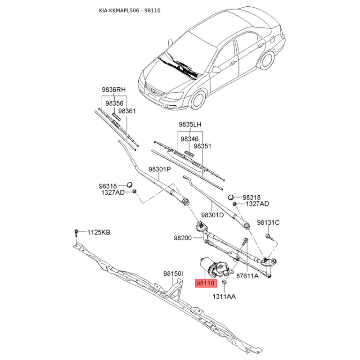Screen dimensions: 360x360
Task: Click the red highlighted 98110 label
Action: pos(206,283)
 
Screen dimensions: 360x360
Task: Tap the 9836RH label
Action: pos(114,89)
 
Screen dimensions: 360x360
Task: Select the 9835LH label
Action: pos(190,125)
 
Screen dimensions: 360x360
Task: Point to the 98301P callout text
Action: pos(160,169)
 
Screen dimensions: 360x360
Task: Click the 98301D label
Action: pos(212,215)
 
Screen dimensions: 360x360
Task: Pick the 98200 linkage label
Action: pos(183,238)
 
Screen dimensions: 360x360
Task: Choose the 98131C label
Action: pos(268,222)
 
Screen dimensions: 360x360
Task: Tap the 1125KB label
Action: pos(99,232)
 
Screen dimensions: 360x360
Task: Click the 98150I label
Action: pos(173,274)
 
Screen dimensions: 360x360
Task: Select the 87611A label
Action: pos(247,276)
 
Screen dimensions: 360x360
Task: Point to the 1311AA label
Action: pos(224,297)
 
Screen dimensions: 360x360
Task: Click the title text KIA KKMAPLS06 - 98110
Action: pos(130,10)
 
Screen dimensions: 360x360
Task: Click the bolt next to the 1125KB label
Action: pos(76,233)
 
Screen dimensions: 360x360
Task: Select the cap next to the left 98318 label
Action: pos(130,184)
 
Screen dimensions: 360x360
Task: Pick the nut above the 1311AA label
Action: pos(224,282)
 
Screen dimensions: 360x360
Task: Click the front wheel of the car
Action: pos(198,100)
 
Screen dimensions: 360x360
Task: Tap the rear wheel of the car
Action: pos(267,60)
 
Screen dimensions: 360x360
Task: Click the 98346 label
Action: pos(189,139)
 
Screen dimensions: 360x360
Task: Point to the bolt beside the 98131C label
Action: pos(269,237)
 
